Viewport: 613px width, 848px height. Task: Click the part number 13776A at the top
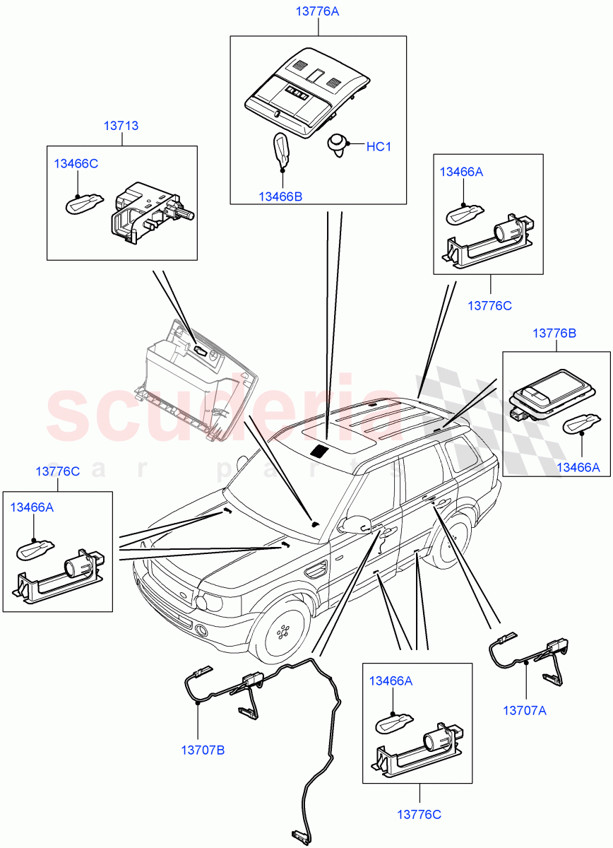coord(318,11)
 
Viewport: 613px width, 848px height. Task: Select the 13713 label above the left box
coord(121,126)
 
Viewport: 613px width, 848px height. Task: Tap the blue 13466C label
coord(76,164)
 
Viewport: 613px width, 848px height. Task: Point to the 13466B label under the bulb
coord(280,196)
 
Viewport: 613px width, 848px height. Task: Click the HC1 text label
coord(379,147)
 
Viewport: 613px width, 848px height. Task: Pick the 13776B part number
coord(554,333)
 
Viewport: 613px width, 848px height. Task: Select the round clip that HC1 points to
coord(338,145)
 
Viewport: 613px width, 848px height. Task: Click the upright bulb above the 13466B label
coord(282,150)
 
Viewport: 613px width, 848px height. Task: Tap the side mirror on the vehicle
coord(355,524)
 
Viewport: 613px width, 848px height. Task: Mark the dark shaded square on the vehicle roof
coord(321,450)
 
